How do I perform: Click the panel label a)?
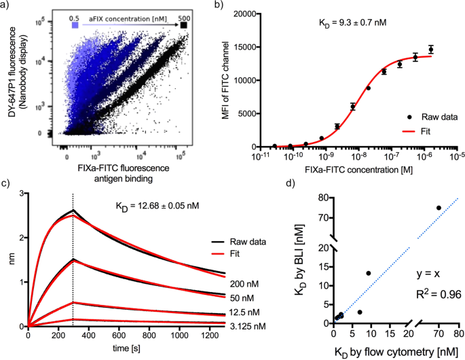(x=7, y=5)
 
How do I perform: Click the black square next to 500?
(x=183, y=25)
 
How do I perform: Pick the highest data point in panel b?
(x=430, y=49)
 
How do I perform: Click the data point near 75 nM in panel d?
(x=439, y=208)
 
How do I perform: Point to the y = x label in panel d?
(x=429, y=274)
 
